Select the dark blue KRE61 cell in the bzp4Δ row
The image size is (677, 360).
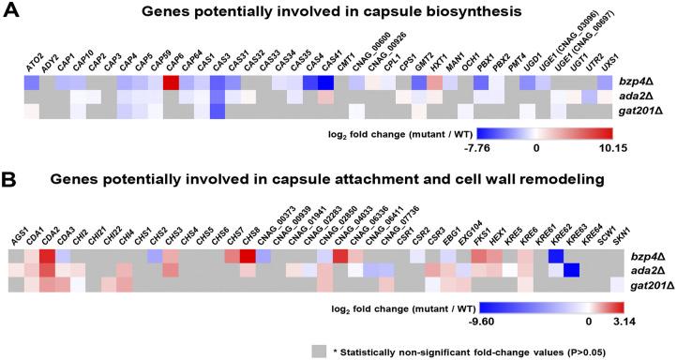pos(556,257)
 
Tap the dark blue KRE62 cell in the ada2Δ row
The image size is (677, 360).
pos(571,272)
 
